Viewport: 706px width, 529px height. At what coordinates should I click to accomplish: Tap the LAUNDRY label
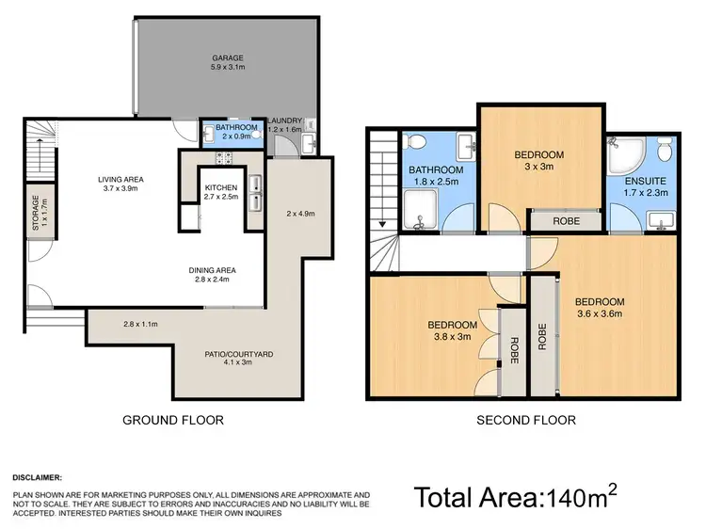284,120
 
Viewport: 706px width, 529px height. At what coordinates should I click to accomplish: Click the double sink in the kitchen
255,185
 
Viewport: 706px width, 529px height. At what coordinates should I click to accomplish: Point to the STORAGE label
36,213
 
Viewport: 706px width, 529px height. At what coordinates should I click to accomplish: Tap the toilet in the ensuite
665,149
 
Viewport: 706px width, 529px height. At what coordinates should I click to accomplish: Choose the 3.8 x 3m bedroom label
453,330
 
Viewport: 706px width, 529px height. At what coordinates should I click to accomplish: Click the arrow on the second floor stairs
383,224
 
